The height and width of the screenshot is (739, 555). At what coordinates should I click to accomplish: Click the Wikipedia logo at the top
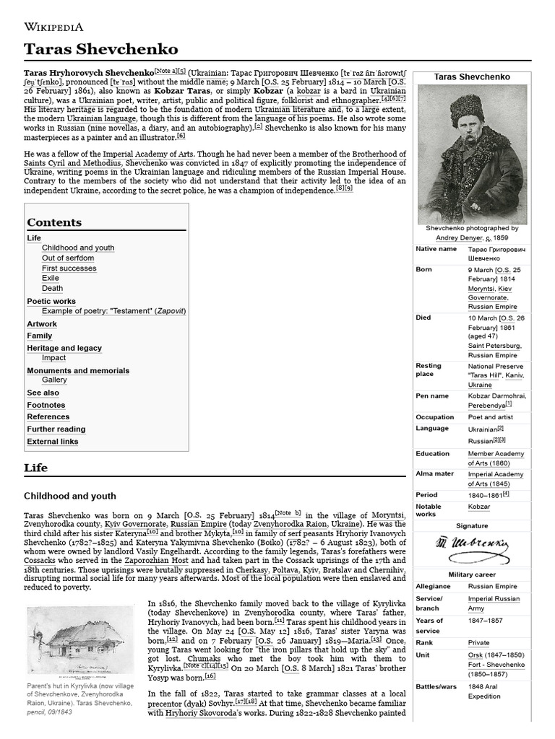[x=54, y=27]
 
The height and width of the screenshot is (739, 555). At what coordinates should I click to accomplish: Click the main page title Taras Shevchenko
[x=100, y=49]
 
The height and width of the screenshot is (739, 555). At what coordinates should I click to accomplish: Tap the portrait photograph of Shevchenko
[x=472, y=154]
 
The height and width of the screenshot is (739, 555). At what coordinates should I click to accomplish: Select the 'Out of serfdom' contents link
[x=68, y=258]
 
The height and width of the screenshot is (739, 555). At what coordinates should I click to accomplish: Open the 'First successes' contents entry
[x=69, y=268]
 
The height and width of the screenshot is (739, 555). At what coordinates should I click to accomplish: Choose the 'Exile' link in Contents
[x=51, y=278]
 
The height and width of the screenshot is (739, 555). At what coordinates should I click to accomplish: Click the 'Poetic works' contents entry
[x=51, y=301]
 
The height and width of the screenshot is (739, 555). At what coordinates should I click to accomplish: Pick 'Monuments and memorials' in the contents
[x=78, y=370]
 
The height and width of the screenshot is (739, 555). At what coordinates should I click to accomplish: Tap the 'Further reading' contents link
[x=56, y=429]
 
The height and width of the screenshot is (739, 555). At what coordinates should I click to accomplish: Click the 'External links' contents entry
[x=53, y=441]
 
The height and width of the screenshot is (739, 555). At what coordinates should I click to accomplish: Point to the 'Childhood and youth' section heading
[x=70, y=496]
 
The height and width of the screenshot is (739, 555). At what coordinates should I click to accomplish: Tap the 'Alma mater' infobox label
[x=435, y=474]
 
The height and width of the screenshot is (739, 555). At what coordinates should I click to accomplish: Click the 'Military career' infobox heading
[x=472, y=574]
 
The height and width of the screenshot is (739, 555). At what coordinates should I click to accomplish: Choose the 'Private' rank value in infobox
[x=478, y=642]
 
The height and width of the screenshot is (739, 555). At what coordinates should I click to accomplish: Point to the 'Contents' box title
[x=54, y=222]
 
